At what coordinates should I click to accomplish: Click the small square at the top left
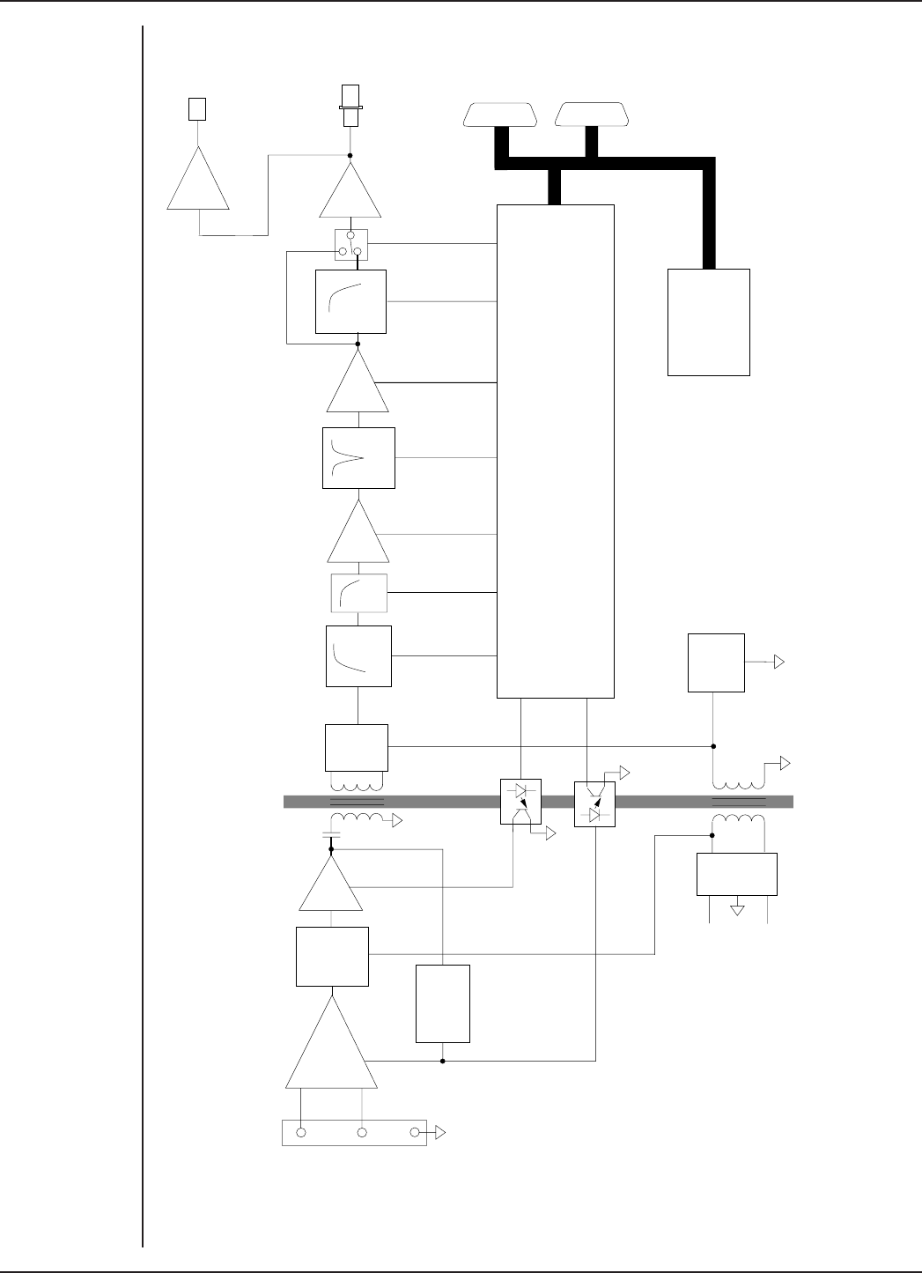tap(198, 109)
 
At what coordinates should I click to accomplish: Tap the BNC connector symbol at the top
tap(350, 105)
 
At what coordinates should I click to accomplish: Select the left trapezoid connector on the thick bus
tap(499, 115)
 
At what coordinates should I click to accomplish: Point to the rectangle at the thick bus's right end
tap(709, 322)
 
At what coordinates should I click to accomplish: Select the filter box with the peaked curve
tap(358, 458)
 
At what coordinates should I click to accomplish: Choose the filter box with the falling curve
tap(358, 656)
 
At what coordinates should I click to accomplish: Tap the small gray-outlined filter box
tap(358, 593)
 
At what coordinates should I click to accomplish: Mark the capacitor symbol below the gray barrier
tap(331, 833)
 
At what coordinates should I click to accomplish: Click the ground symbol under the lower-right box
tap(738, 909)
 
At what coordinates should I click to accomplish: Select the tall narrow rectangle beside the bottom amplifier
tap(443, 1003)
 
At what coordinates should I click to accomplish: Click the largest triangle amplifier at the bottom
tap(331, 1048)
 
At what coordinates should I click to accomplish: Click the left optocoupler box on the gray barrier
tap(520, 802)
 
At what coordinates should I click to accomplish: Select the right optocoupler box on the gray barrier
tap(594, 804)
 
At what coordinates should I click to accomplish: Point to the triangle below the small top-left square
tap(198, 181)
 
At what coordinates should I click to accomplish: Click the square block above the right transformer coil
tap(717, 662)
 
